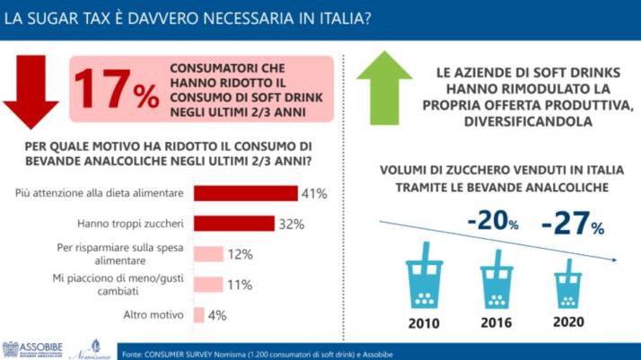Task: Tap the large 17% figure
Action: coord(116,88)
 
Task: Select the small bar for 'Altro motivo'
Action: coord(198,315)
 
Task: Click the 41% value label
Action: coord(314,193)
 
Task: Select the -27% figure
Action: coord(572,224)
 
